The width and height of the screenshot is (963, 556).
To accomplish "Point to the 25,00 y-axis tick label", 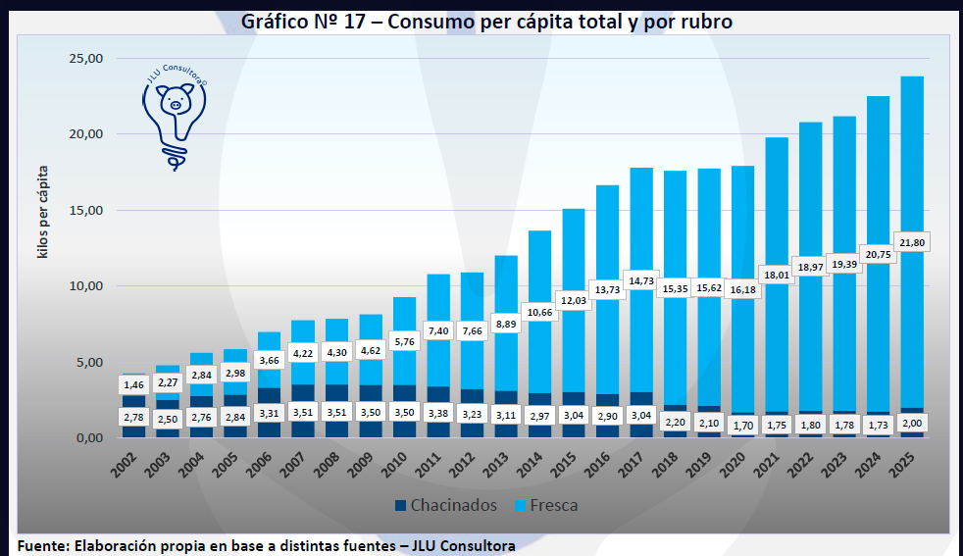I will click(x=85, y=59).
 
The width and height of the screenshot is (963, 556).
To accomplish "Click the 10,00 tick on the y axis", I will click(x=85, y=286).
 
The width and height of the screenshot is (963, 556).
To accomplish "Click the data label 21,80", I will click(x=911, y=241).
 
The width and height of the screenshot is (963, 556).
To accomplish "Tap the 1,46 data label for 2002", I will click(x=133, y=384).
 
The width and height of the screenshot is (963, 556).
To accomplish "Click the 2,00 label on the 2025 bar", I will click(x=911, y=424).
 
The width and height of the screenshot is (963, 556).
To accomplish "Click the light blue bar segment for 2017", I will click(x=641, y=226).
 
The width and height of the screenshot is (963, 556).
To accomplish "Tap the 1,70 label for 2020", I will click(x=742, y=426).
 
